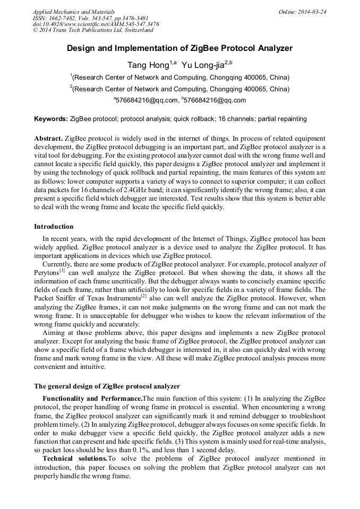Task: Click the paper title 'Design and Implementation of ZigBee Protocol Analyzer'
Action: [x=179, y=48]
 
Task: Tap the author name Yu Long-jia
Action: [x=203, y=66]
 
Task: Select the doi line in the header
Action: [x=96, y=24]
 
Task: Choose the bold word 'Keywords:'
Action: [x=51, y=119]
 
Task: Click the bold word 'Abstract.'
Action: [x=49, y=137]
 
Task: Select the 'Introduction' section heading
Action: [x=54, y=227]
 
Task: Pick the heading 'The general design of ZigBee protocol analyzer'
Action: [x=107, y=386]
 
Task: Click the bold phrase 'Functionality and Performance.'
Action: [x=92, y=398]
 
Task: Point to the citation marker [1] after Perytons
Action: [x=62, y=270]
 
